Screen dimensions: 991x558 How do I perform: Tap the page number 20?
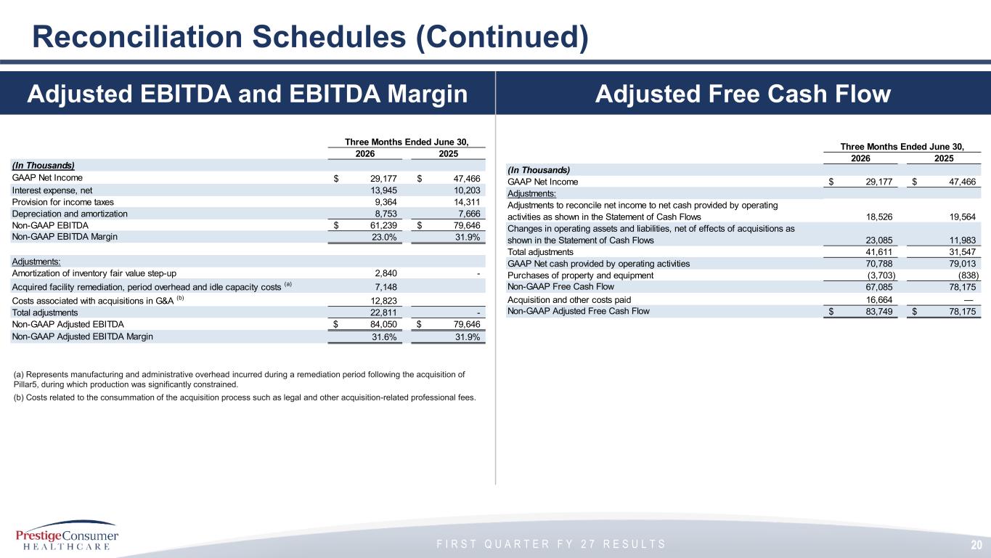click(x=977, y=545)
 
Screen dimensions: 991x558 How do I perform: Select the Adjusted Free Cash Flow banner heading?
click(x=743, y=94)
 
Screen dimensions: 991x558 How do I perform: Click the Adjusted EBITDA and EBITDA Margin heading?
click(x=248, y=94)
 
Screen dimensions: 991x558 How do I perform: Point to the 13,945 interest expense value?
click(x=383, y=190)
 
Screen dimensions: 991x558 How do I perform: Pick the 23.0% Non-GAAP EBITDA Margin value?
click(x=384, y=237)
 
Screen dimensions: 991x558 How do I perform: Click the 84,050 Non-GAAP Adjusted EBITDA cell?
click(x=383, y=325)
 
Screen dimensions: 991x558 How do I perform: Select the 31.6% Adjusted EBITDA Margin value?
click(x=384, y=337)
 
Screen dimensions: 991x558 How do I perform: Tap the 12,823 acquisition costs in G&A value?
click(x=383, y=301)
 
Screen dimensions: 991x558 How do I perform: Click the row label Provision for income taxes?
click(x=63, y=203)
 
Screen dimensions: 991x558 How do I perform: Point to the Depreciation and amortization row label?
click(x=70, y=214)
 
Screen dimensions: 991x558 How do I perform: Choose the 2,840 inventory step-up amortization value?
click(x=386, y=273)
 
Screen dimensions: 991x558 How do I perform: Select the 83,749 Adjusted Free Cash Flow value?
click(x=879, y=311)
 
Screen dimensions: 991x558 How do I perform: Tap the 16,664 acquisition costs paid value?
click(x=879, y=300)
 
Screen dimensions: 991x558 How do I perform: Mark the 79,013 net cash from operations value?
click(x=962, y=264)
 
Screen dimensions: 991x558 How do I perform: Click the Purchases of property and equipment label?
click(x=581, y=275)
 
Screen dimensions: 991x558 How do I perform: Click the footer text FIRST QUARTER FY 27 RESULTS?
click(x=551, y=544)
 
